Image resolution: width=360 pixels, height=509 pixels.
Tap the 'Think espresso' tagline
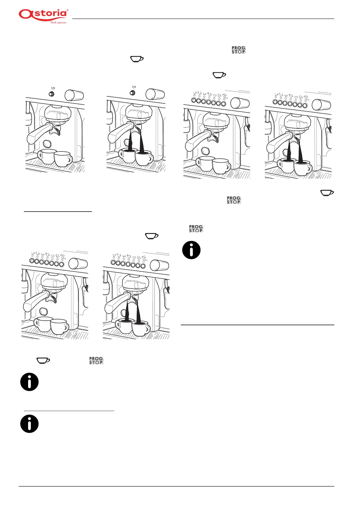pyautogui.click(x=58, y=23)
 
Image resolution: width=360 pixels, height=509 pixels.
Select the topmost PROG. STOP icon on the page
pyautogui.click(x=238, y=50)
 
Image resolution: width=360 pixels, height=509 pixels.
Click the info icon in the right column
pyautogui.click(x=191, y=250)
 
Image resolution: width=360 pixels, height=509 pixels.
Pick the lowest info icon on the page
pyautogui.click(x=29, y=424)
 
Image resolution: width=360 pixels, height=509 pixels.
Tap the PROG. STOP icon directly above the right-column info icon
pyautogui.click(x=196, y=229)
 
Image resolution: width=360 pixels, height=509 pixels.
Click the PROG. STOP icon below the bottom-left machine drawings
pyautogui.click(x=96, y=361)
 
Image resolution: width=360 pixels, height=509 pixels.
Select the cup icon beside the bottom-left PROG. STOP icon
pyautogui.click(x=43, y=360)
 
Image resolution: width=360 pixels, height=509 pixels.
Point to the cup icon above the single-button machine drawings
pyautogui.click(x=137, y=59)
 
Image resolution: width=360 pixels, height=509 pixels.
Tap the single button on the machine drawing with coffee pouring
pyautogui.click(x=132, y=93)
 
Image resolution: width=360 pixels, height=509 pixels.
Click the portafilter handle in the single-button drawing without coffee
pyautogui.click(x=38, y=135)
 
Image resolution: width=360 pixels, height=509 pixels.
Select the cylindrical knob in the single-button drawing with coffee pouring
pyautogui.click(x=155, y=94)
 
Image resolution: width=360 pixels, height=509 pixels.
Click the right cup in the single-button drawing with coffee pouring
pyautogui.click(x=144, y=157)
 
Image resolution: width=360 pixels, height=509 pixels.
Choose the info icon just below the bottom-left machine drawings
pyautogui.click(x=29, y=382)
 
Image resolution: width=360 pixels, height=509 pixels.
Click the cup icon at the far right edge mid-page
pyautogui.click(x=327, y=193)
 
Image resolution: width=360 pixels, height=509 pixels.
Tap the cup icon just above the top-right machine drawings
pyautogui.click(x=219, y=75)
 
